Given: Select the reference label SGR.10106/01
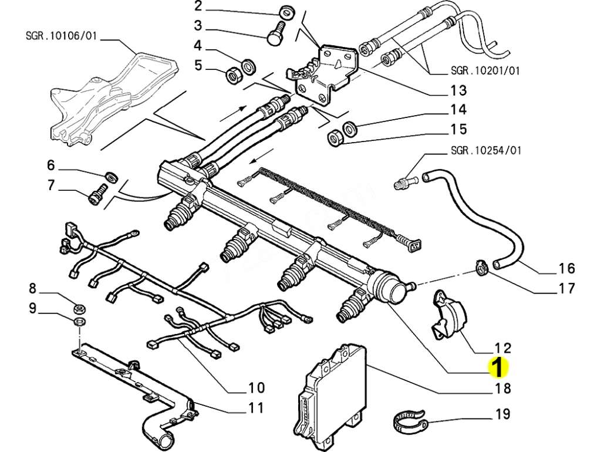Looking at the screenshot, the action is tap(61, 36).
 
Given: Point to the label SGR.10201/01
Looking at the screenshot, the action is tap(484, 71).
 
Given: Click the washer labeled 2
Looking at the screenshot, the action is tap(285, 13).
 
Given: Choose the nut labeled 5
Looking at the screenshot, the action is tap(232, 75).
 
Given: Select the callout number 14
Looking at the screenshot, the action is tap(458, 110).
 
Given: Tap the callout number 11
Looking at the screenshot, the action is tap(255, 407).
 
